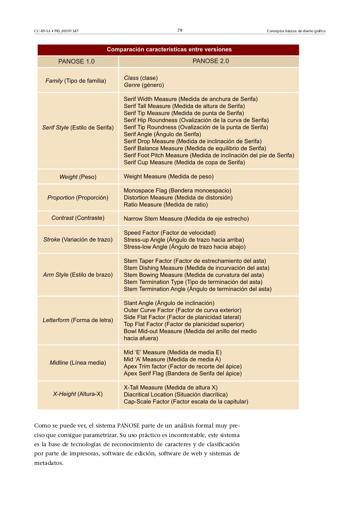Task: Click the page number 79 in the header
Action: [x=180, y=30]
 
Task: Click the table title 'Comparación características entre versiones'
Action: [x=169, y=50]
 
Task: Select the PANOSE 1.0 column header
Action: [x=76, y=61]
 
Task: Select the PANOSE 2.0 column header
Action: [x=210, y=61]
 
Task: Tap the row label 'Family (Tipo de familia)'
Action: [x=75, y=81]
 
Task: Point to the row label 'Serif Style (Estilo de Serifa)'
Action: [x=78, y=128]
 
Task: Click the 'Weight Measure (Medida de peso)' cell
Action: [x=168, y=176]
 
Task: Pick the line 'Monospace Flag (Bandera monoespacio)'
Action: [x=177, y=190]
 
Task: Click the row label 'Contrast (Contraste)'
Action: [x=78, y=218]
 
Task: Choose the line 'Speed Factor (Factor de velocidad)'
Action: [x=170, y=233]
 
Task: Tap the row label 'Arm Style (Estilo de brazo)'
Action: [x=78, y=275]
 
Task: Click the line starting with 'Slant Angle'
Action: [x=169, y=303]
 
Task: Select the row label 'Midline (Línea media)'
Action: [x=78, y=363]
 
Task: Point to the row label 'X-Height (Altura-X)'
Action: [x=78, y=394]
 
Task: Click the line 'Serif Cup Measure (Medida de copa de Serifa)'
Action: [x=184, y=162]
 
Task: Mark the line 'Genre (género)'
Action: [x=144, y=85]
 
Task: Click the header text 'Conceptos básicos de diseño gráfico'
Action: [x=296, y=31]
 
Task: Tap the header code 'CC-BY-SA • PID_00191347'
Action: [x=56, y=31]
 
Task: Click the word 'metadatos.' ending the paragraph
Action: [x=49, y=463]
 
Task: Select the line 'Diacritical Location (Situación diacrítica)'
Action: [x=176, y=394]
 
